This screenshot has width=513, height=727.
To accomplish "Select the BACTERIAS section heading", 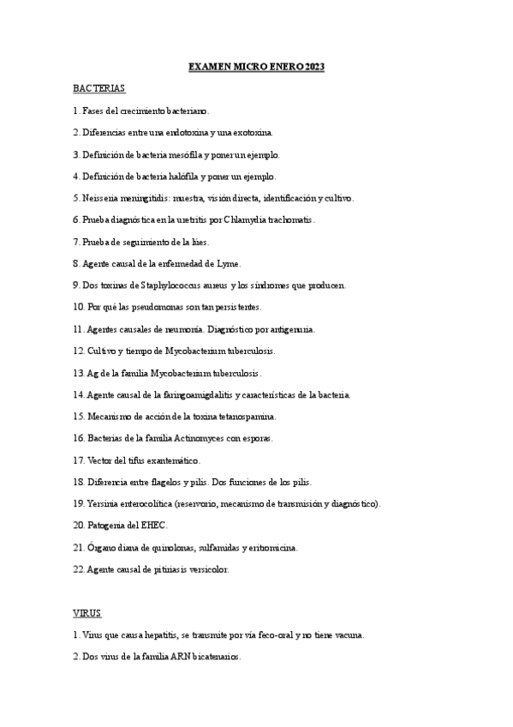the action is click(x=99, y=88).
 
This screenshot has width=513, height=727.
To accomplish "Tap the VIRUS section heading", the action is click(x=86, y=613).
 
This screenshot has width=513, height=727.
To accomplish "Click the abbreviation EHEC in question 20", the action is click(x=153, y=526).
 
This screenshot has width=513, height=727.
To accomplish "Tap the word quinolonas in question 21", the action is click(x=170, y=548).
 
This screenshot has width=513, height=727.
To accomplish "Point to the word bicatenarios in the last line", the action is click(x=214, y=658).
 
